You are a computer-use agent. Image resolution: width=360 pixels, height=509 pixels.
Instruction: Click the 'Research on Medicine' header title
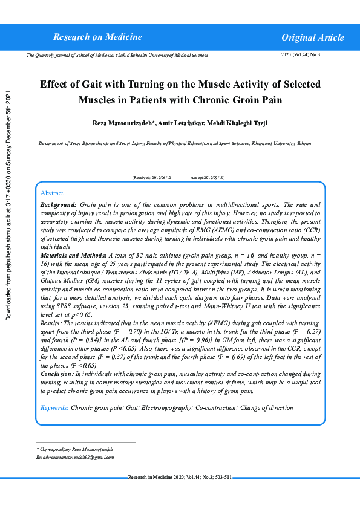(97, 37)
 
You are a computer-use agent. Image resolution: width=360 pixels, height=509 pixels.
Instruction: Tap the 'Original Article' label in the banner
(312, 37)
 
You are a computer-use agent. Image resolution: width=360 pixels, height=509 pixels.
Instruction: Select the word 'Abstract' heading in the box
(51, 193)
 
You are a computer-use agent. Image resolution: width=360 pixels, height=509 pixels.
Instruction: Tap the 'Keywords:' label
(54, 408)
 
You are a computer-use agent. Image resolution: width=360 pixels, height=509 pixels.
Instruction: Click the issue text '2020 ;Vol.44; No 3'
(301, 55)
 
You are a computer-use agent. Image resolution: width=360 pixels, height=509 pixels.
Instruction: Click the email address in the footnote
(75, 458)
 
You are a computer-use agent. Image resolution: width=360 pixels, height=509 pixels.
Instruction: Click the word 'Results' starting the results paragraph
(49, 324)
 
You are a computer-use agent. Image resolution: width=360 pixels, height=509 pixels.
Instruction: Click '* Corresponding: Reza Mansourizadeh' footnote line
(74, 450)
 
